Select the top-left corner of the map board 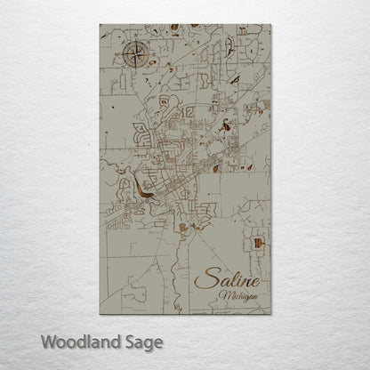pos(101,25)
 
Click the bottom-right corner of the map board pos(274,314)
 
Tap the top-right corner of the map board pos(274,25)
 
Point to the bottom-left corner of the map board pos(101,314)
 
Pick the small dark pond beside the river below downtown pos(183,229)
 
